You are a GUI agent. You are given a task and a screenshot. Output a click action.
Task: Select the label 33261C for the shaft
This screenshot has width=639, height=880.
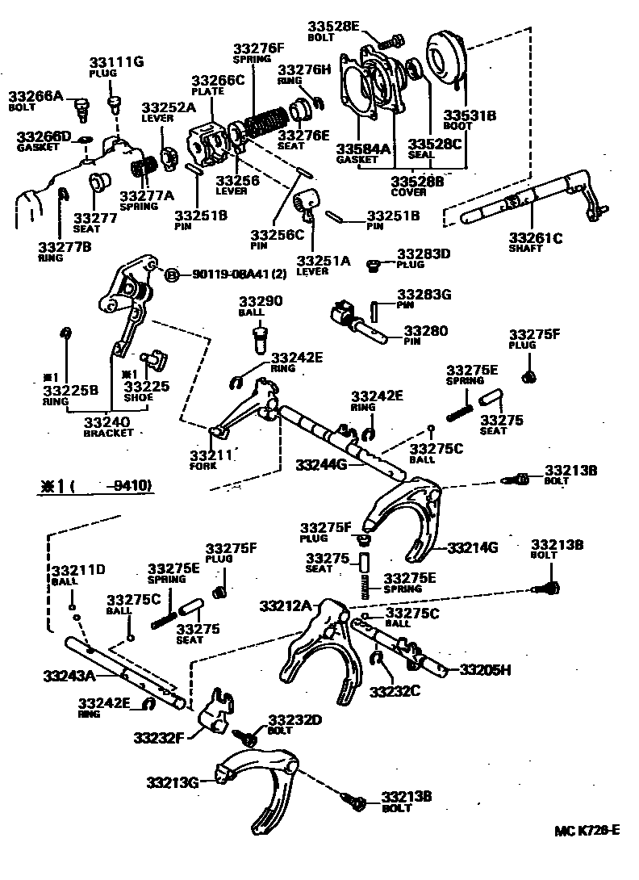click(536, 237)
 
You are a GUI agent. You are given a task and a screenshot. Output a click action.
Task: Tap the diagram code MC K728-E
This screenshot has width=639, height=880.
click(587, 830)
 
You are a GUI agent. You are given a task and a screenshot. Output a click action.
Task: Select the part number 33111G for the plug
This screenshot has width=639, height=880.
click(116, 61)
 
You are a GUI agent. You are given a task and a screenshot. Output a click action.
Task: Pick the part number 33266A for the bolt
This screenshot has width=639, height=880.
click(35, 95)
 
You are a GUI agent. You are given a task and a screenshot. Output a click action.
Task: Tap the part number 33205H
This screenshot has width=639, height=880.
click(486, 668)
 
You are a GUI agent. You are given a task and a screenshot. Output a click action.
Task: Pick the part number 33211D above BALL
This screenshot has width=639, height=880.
click(78, 570)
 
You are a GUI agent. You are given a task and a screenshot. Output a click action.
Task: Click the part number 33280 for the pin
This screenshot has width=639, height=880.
click(424, 331)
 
